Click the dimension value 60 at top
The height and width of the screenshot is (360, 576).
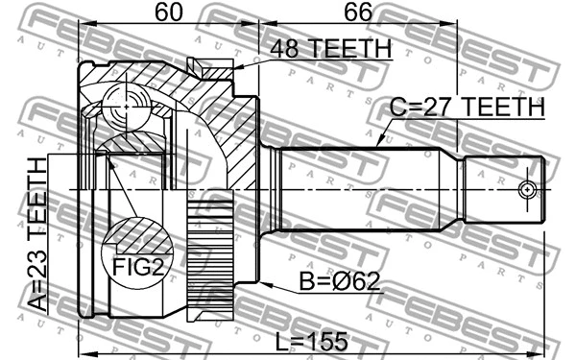point(168,14)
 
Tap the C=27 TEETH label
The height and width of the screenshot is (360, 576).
point(467,108)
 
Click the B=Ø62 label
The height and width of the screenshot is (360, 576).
point(339,281)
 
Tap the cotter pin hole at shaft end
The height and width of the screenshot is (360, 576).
point(526,189)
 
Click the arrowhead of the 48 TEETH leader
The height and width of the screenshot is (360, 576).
point(236,66)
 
